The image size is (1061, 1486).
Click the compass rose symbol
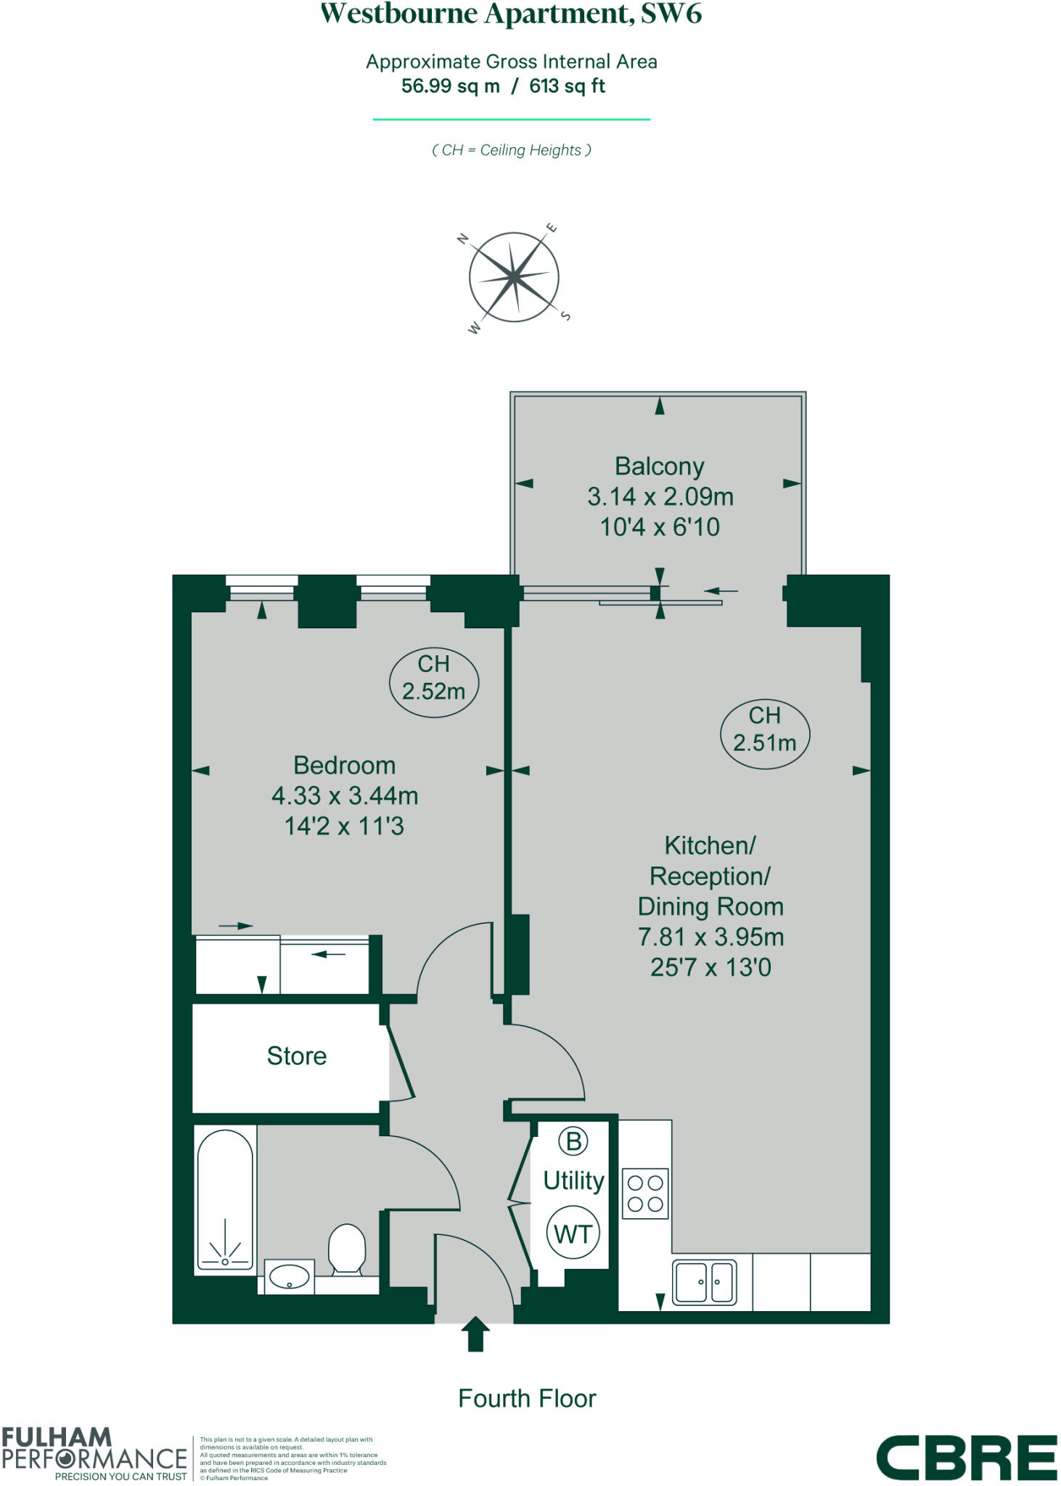pyautogui.click(x=514, y=277)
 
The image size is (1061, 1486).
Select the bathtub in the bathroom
pyautogui.click(x=225, y=1200)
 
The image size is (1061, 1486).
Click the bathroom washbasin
pyautogui.click(x=289, y=1277)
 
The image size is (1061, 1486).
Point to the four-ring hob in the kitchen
pyautogui.click(x=645, y=1194)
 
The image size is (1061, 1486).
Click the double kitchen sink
pyautogui.click(x=705, y=1282)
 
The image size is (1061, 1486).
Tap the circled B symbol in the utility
pyautogui.click(x=573, y=1141)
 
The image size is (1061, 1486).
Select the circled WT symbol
pyautogui.click(x=573, y=1233)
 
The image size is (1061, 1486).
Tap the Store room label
pyautogui.click(x=297, y=1056)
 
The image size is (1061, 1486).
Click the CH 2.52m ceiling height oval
pyautogui.click(x=434, y=678)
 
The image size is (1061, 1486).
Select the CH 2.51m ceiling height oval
pyautogui.click(x=765, y=729)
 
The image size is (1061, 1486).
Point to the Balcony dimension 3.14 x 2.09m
pyautogui.click(x=660, y=497)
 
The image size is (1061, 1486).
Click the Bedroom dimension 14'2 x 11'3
pyautogui.click(x=344, y=826)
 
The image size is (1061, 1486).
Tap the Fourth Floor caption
pyautogui.click(x=527, y=1398)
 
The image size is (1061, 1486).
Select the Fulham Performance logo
pyautogui.click(x=94, y=1453)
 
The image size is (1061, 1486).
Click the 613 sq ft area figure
pyautogui.click(x=567, y=86)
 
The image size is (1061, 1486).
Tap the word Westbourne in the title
pyautogui.click(x=399, y=15)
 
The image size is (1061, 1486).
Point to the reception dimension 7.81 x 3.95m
pyautogui.click(x=710, y=937)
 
